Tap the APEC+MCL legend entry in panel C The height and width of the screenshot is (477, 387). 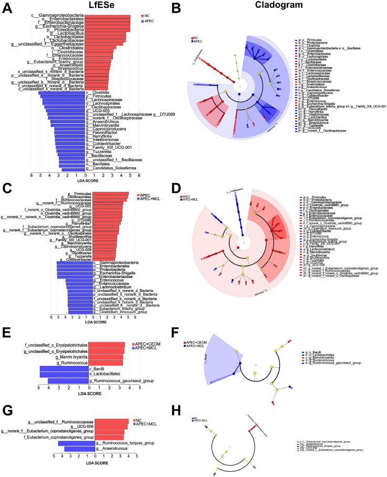(153, 199)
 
